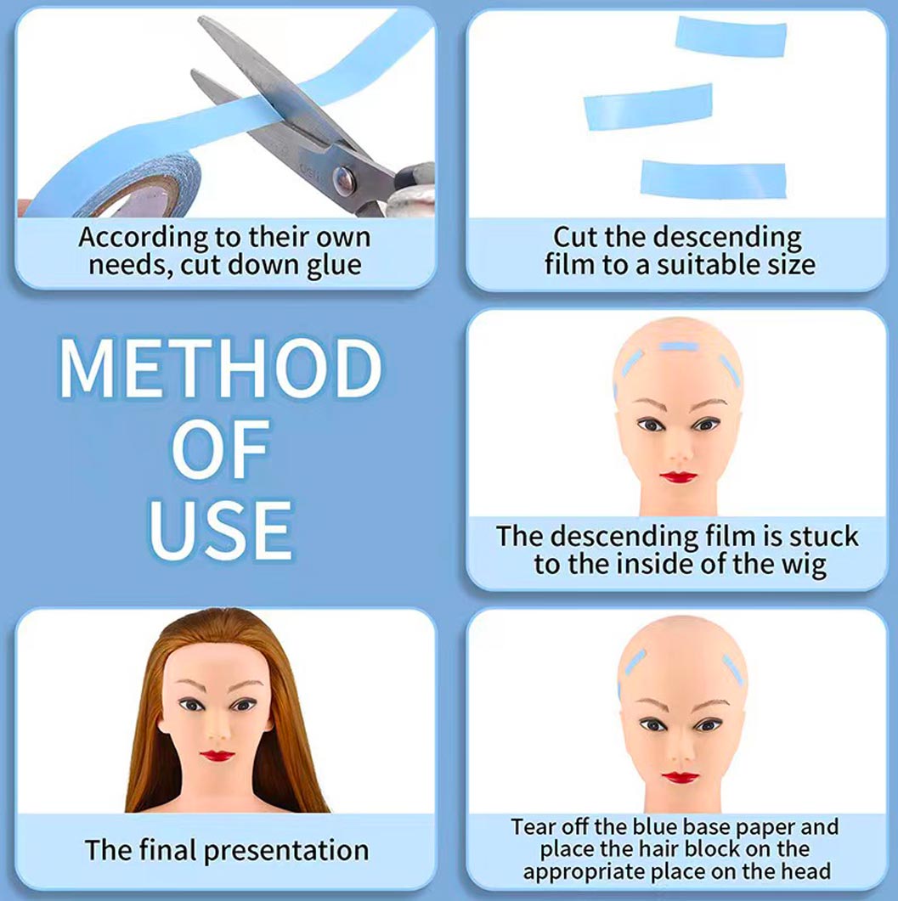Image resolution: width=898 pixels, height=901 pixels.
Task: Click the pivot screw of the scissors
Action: point(345,177)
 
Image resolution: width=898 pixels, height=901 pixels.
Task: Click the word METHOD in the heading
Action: point(220,371)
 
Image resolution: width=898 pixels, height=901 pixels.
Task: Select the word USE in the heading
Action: point(220,529)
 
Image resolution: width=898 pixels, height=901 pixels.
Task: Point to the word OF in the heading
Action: point(220,450)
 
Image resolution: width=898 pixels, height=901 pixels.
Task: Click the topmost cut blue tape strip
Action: point(731,37)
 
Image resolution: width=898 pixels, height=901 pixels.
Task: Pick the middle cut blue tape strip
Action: point(647,107)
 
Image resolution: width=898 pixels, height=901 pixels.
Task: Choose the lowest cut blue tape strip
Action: point(713,178)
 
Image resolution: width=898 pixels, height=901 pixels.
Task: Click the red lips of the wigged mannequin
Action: point(217,755)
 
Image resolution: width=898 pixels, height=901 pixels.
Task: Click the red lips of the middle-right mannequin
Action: point(679,476)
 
